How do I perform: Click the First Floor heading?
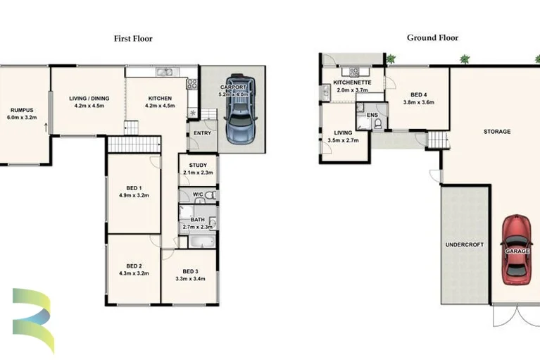click(x=133, y=39)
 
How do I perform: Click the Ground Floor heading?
click(x=432, y=38)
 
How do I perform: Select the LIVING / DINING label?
click(x=89, y=99)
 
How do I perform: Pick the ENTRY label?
click(x=202, y=133)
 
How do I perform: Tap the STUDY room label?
click(x=197, y=166)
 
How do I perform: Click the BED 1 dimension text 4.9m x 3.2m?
click(x=134, y=195)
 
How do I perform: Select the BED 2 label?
click(x=134, y=266)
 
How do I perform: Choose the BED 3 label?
click(x=189, y=271)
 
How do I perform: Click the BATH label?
click(x=197, y=220)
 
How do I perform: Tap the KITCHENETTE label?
click(x=353, y=82)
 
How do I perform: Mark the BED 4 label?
click(x=418, y=94)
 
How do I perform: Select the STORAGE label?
click(x=497, y=132)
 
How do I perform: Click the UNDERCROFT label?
click(x=465, y=244)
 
